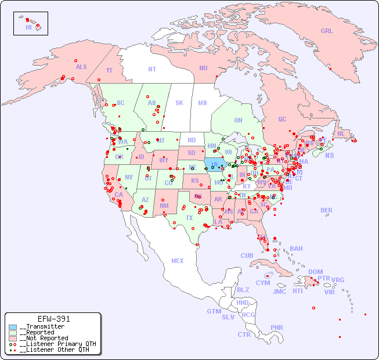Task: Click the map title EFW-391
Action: pos(53,319)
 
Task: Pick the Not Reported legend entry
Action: pos(44,338)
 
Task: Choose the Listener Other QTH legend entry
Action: pos(54,350)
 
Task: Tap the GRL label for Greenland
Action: pos(327,31)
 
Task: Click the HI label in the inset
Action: pos(28,27)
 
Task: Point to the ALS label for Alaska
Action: pos(81,67)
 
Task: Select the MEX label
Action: pos(178,261)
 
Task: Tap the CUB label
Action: pos(247,255)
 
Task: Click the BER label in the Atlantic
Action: pos(327,210)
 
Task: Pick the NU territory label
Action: pos(203,68)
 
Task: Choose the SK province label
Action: pos(179,103)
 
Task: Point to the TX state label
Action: pos(189,218)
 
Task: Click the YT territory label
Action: pos(109,70)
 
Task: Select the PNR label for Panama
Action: pos(277,327)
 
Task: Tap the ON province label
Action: pos(238,120)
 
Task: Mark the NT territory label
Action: pos(152,69)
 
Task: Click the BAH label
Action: pos(296,249)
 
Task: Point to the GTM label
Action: pos(214,311)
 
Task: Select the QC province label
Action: pos(282,119)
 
